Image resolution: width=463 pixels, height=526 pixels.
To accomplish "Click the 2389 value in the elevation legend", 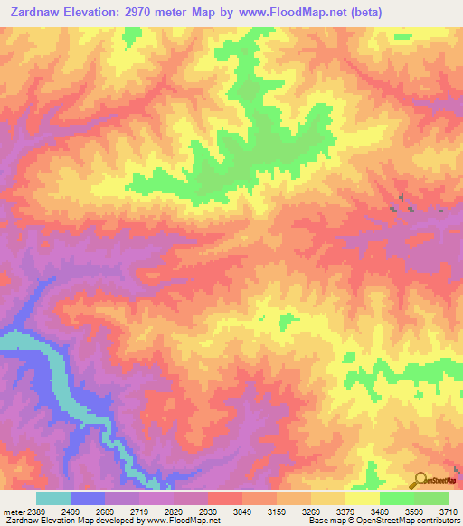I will [x=36, y=512].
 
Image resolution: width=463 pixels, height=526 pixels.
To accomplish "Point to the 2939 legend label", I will [x=224, y=512].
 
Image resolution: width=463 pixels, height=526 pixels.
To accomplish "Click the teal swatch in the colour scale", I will [x=53, y=498].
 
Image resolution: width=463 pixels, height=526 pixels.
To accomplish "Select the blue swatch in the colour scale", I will [x=88, y=498].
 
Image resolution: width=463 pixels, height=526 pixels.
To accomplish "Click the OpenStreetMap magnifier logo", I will [x=420, y=479].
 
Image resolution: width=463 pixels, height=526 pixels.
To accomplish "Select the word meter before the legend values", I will [x=13, y=512].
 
